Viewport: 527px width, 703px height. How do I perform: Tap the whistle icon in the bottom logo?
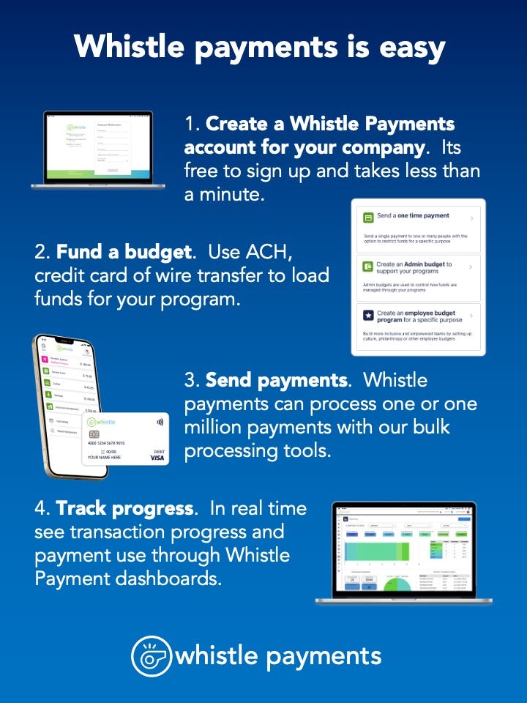pos(151,655)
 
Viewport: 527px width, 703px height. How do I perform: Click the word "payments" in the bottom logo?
pos(323,656)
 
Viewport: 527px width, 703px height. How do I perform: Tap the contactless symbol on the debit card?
pos(160,423)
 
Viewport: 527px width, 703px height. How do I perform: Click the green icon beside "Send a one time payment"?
pos(367,217)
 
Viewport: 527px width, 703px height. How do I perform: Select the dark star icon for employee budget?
pos(367,315)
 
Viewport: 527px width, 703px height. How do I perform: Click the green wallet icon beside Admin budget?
pos(367,267)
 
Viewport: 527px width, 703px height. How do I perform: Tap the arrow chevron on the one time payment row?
pos(471,218)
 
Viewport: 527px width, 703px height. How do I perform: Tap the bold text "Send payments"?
pos(275,380)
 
